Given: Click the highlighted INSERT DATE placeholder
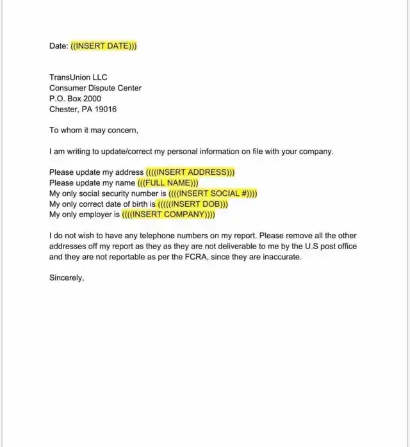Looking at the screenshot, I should click(104, 46).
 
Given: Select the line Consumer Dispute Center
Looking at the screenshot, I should click(95, 88).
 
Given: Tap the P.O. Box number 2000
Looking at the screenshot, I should click(91, 99).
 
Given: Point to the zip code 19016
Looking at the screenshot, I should click(104, 110).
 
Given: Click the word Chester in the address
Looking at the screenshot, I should click(63, 110).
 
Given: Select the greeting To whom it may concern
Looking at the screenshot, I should click(94, 130).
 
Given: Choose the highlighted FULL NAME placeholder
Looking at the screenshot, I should click(168, 183).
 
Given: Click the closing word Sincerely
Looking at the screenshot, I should click(67, 278).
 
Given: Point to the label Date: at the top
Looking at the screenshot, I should click(59, 46).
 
